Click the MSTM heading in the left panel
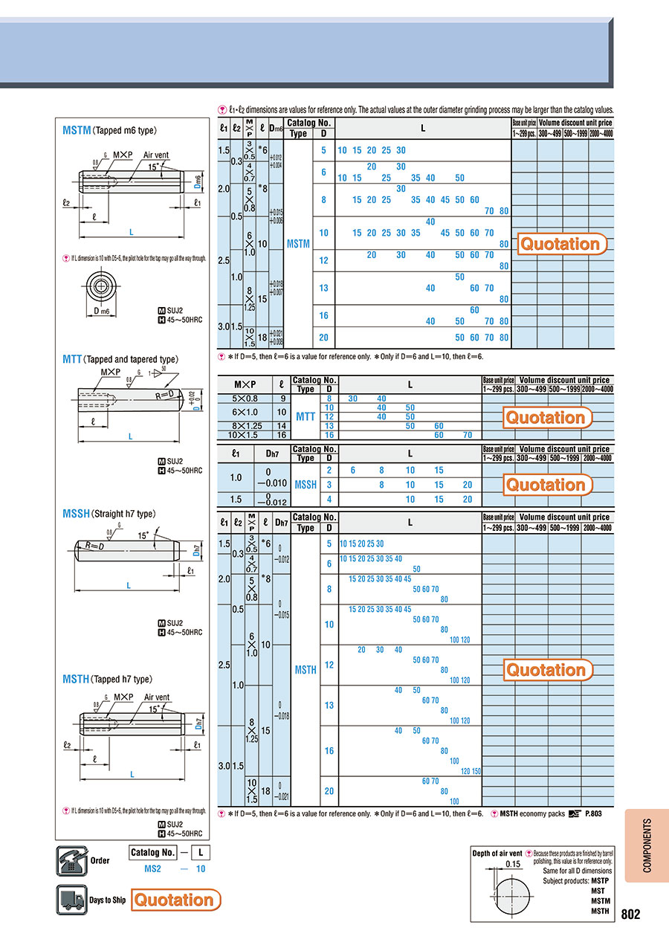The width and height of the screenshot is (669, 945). [77, 130]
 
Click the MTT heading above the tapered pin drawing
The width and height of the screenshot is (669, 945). [72, 359]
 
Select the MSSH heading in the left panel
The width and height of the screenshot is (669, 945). [77, 514]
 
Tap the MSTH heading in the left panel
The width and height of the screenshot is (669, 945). [77, 679]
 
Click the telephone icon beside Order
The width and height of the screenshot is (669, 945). [71, 861]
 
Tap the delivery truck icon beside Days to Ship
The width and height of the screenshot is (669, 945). [71, 900]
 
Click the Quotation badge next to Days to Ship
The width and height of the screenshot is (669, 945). [176, 900]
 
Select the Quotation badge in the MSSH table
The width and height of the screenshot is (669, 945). [546, 485]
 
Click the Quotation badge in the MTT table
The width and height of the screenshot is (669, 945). [546, 417]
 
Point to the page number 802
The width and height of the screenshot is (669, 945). [630, 915]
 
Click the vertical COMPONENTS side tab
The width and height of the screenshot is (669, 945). [646, 845]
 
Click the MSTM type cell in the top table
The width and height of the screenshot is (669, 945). [297, 243]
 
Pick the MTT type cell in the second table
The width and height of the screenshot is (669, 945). [306, 416]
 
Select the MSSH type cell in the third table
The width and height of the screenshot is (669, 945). [306, 484]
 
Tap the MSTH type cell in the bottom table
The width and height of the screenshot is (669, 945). [306, 670]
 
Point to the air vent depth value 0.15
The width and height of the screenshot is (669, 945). [513, 864]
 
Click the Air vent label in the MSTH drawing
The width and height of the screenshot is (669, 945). [157, 697]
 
